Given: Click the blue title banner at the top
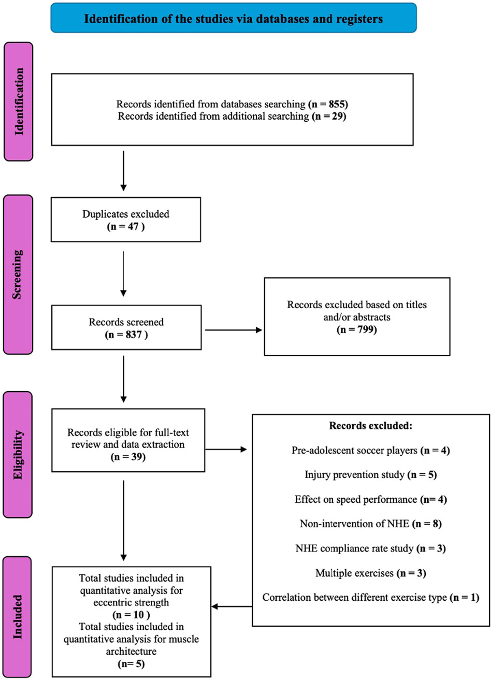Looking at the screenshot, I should [x=234, y=20].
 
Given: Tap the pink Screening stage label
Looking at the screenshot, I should [x=20, y=273].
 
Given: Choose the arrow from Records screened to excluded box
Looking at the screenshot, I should [x=234, y=329].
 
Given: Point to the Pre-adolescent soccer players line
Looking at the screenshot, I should [x=370, y=451].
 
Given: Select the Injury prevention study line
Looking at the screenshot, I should [x=370, y=475].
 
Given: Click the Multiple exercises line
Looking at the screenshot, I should [x=370, y=573].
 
